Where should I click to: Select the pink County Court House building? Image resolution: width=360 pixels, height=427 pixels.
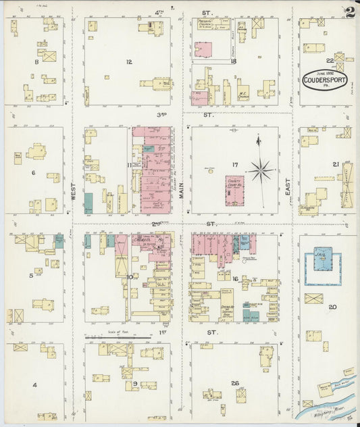pos(234,191)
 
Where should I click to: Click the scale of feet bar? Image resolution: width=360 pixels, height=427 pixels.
pos(118,336)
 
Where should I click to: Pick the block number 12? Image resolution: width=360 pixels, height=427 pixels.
pos(128,61)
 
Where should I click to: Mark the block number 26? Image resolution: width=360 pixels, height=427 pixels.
pos(234,383)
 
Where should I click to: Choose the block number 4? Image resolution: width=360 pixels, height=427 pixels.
pos(34,385)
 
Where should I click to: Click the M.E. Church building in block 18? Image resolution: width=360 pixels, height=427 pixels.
pos(243,92)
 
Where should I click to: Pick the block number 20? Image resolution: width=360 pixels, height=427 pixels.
pos(332,307)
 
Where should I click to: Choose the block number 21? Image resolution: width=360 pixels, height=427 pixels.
pos(335,164)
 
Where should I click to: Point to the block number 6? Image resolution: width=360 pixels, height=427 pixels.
pos(32,173)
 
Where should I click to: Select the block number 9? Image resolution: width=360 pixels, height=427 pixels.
pos(135,384)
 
